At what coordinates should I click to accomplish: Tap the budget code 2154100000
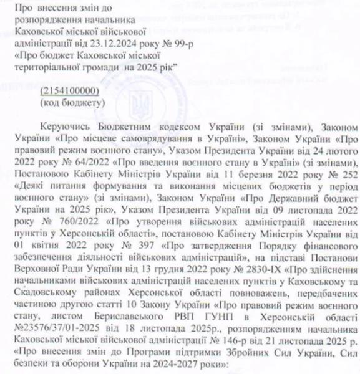click(64, 90)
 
